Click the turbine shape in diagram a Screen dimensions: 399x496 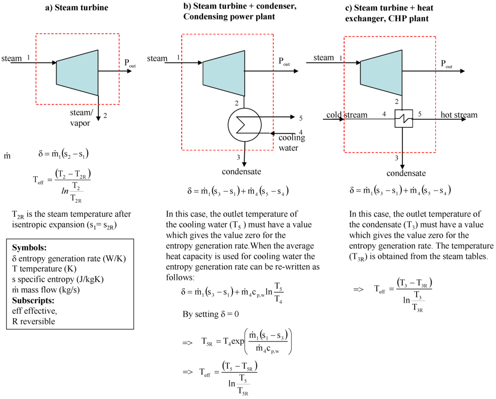tap(77, 73)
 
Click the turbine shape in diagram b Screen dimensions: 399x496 tap(223, 73)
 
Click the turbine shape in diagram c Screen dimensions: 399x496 tap(381, 72)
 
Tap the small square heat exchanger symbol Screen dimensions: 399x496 tap(403, 118)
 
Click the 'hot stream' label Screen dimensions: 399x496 tap(459, 115)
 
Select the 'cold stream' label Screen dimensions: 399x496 tap(346, 115)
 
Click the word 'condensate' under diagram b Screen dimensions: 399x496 tap(241, 172)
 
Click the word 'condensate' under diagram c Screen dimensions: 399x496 tap(406, 173)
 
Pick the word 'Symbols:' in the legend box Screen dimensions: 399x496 tap(29, 247)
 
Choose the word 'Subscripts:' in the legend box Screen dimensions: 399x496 tap(33, 300)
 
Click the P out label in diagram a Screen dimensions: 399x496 tap(130, 63)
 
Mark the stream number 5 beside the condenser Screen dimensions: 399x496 tap(301, 118)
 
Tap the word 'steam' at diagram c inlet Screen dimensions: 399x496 tap(324, 58)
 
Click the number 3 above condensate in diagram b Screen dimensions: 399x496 tap(238, 156)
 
